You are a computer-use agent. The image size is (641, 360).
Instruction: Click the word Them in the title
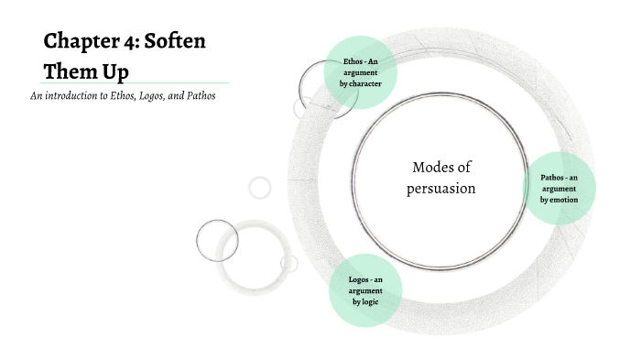click(71, 71)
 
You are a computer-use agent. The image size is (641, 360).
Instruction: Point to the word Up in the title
click(115, 71)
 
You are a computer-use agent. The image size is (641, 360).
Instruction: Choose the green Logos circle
click(364, 289)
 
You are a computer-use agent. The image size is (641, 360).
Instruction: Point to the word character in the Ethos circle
click(364, 83)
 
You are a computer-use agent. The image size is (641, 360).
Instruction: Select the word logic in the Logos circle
click(368, 301)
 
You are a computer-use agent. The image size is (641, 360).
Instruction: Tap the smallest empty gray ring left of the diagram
click(260, 188)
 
